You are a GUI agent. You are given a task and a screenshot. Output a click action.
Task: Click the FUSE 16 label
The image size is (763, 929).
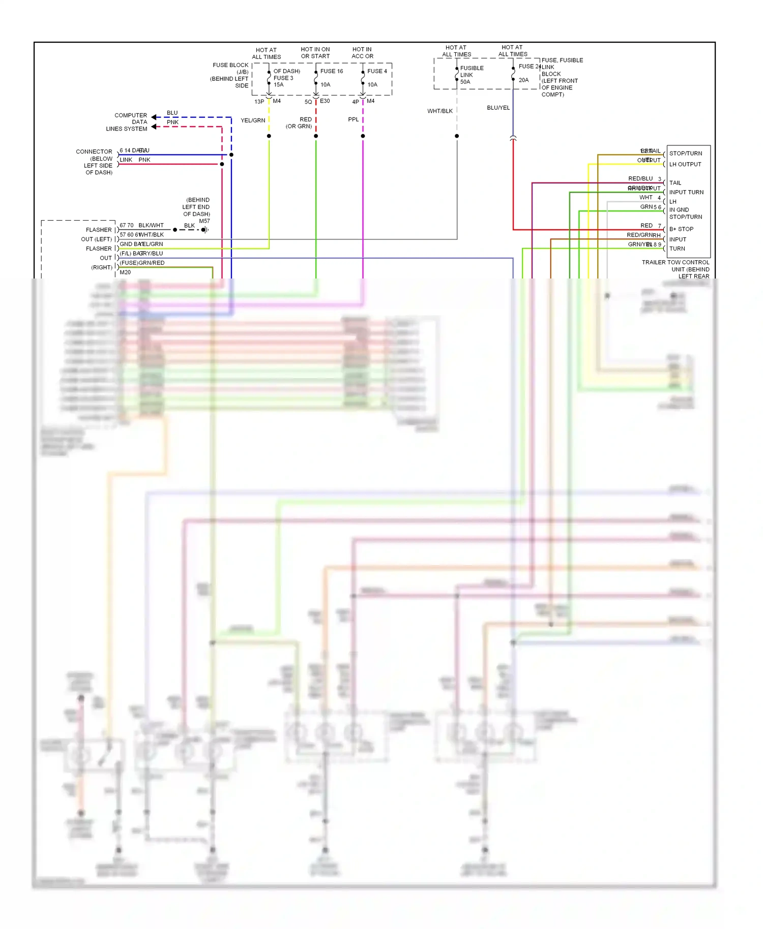tap(332, 71)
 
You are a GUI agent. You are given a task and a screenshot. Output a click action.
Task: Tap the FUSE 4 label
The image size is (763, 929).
tap(377, 71)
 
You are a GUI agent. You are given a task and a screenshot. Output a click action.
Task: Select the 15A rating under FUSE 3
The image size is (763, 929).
tap(278, 84)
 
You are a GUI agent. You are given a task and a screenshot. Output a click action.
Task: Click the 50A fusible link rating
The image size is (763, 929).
tap(465, 82)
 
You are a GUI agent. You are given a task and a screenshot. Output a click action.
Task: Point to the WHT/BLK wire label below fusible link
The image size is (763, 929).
tap(440, 111)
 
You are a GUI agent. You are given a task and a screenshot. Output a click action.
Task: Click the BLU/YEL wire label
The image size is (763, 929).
tap(498, 108)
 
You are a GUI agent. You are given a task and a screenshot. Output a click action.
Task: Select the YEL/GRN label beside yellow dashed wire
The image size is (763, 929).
tap(253, 120)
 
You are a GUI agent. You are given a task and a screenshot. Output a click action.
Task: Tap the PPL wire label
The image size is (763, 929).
tap(353, 119)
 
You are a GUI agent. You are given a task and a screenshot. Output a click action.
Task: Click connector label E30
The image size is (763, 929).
tap(325, 101)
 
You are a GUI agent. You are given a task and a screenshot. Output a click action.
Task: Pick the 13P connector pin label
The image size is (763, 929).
tap(259, 102)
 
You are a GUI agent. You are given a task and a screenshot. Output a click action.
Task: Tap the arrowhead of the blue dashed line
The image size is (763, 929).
tap(154, 117)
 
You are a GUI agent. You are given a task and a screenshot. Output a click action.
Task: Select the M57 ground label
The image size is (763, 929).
tap(204, 221)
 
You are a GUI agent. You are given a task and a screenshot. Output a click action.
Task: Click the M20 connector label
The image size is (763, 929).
tap(125, 272)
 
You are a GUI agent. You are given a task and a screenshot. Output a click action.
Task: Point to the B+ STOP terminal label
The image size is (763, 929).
tap(681, 229)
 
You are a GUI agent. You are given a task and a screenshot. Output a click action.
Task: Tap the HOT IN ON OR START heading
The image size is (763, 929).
tap(315, 53)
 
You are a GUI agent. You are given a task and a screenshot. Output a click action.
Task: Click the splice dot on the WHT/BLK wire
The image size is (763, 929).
tap(457, 136)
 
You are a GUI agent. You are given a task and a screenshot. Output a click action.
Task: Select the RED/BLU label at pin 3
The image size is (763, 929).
tap(640, 178)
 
